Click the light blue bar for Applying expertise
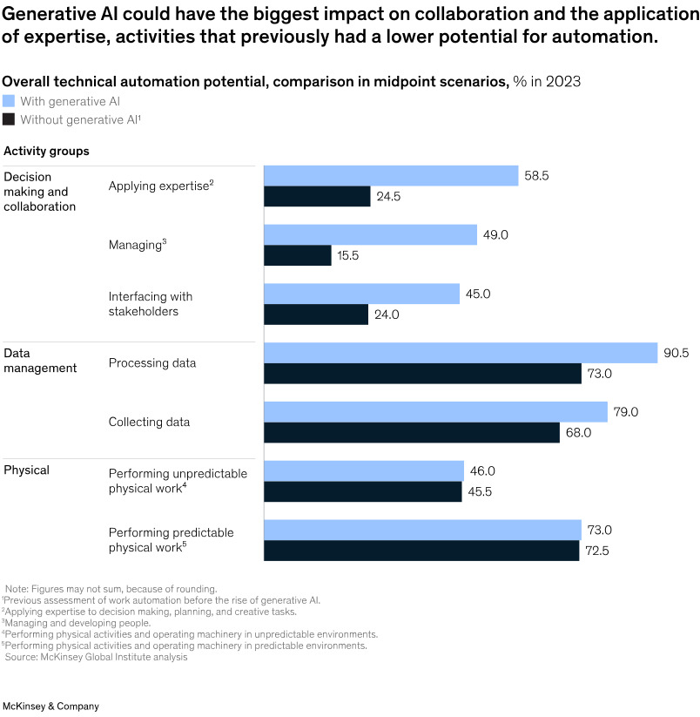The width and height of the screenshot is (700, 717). pos(391,176)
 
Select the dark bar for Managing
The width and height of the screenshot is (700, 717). pos(298,255)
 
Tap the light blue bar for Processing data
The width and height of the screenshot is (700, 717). pos(461,352)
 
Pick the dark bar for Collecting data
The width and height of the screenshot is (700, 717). pos(412,432)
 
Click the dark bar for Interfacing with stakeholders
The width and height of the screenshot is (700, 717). pos(316,315)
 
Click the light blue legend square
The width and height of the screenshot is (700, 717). pos(10,101)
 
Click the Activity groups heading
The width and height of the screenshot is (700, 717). pos(46,151)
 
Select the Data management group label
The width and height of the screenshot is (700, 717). pos(40,361)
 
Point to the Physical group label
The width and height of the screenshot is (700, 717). pos(27,470)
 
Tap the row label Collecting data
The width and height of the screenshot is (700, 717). pos(149,423)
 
